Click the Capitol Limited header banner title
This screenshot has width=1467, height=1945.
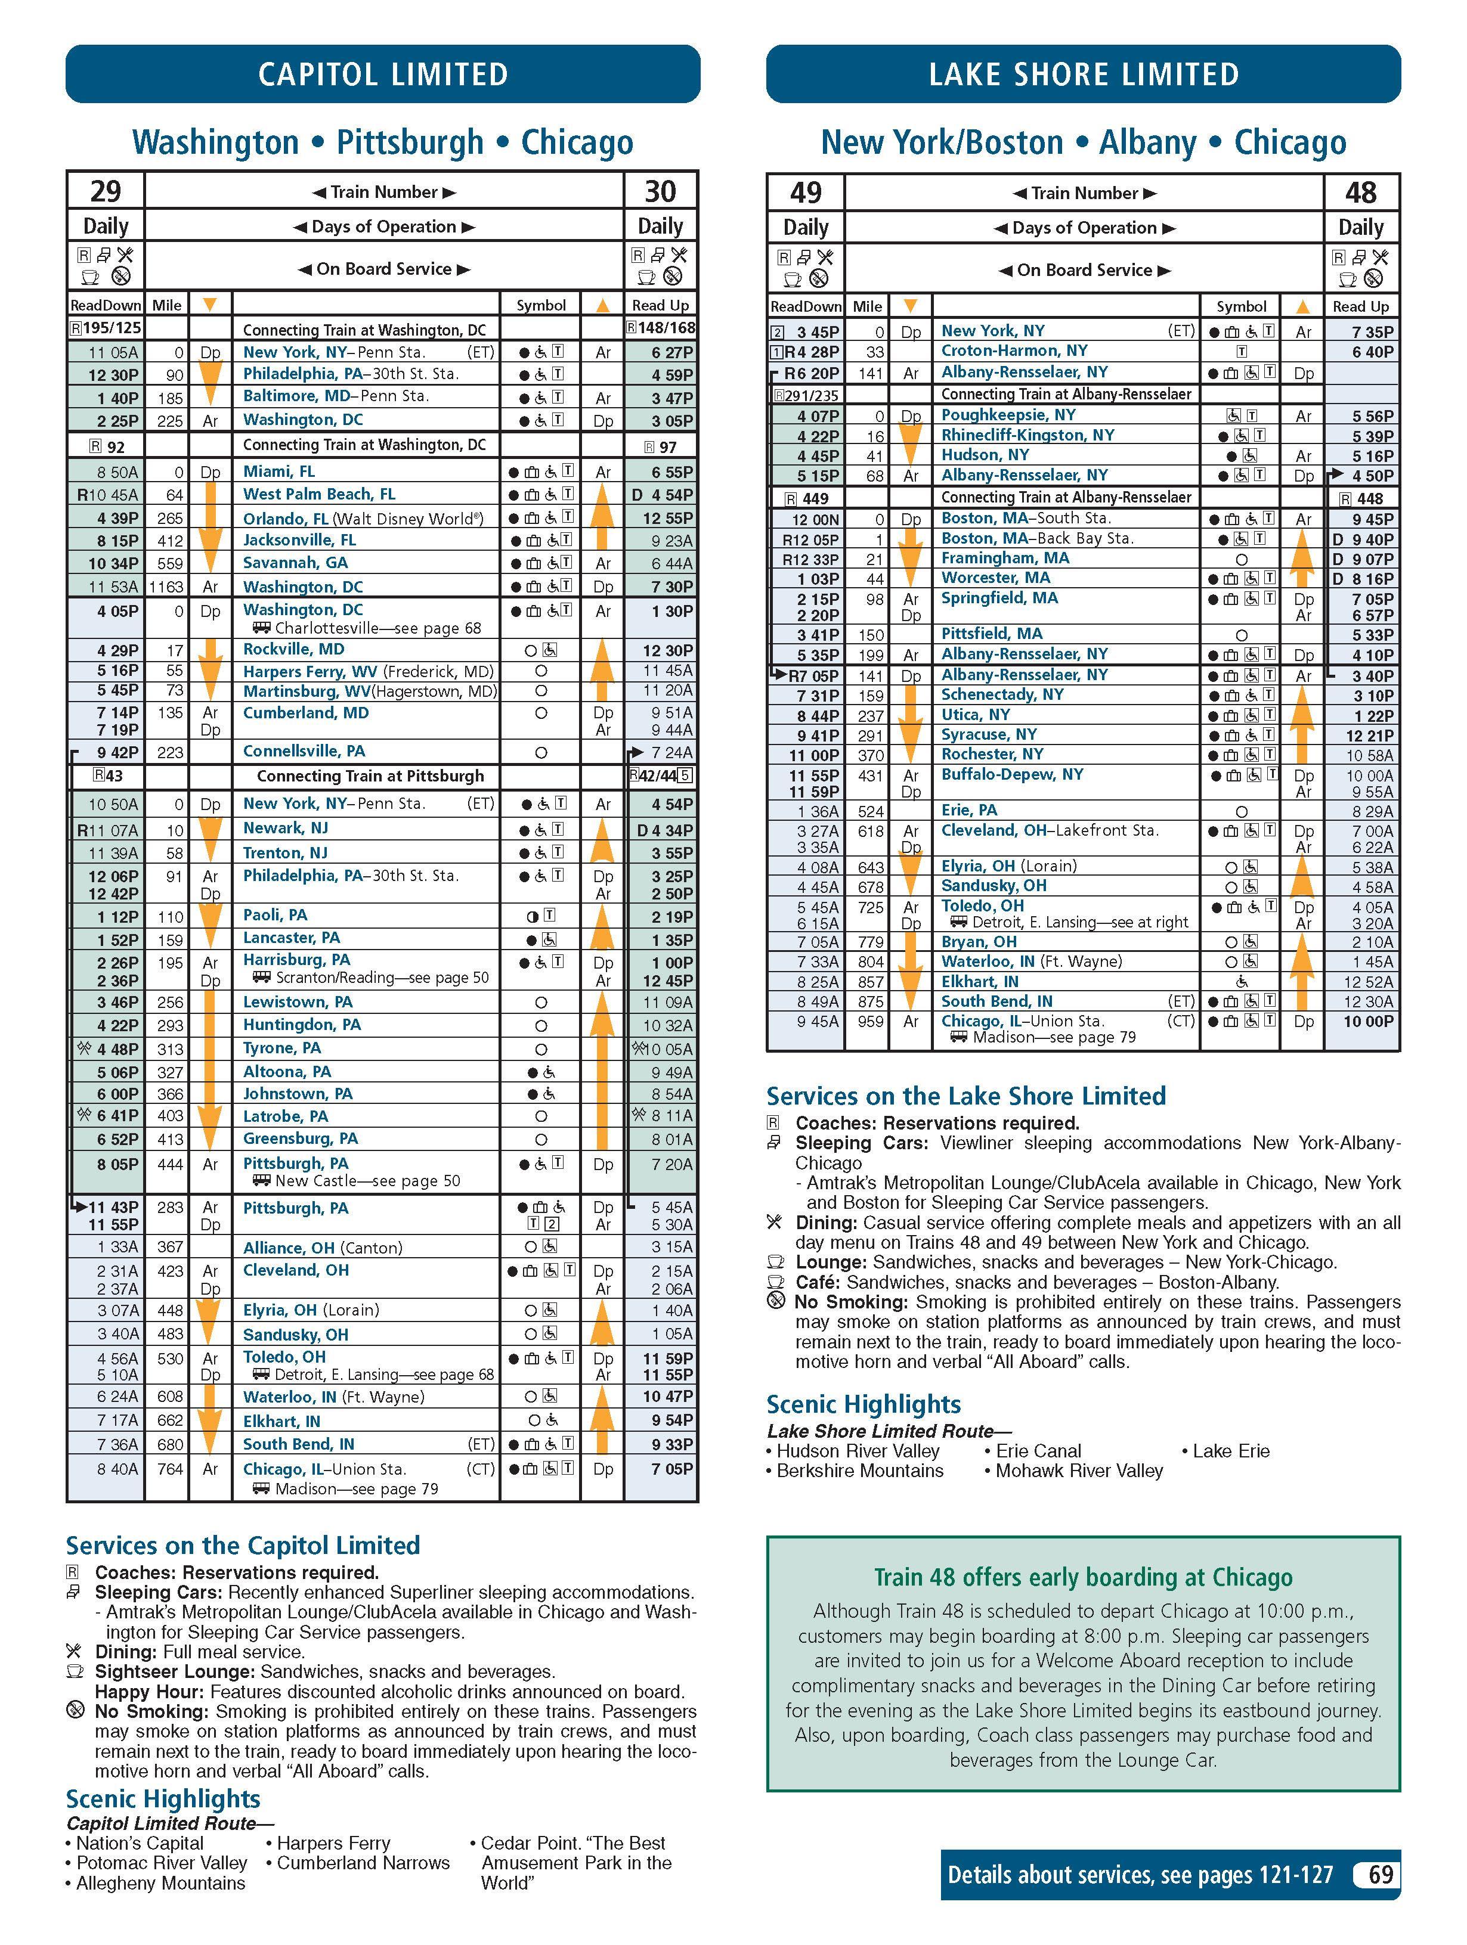[383, 74]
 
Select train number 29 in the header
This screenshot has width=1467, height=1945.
[106, 191]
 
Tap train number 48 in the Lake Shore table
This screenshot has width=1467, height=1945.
[1361, 193]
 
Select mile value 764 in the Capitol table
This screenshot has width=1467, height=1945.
[170, 1469]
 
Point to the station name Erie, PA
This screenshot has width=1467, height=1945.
[968, 810]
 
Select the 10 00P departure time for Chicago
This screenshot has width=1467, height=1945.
[1367, 1022]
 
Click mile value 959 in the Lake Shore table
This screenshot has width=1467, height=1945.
[870, 1022]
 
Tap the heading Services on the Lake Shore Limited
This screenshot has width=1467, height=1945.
[965, 1096]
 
